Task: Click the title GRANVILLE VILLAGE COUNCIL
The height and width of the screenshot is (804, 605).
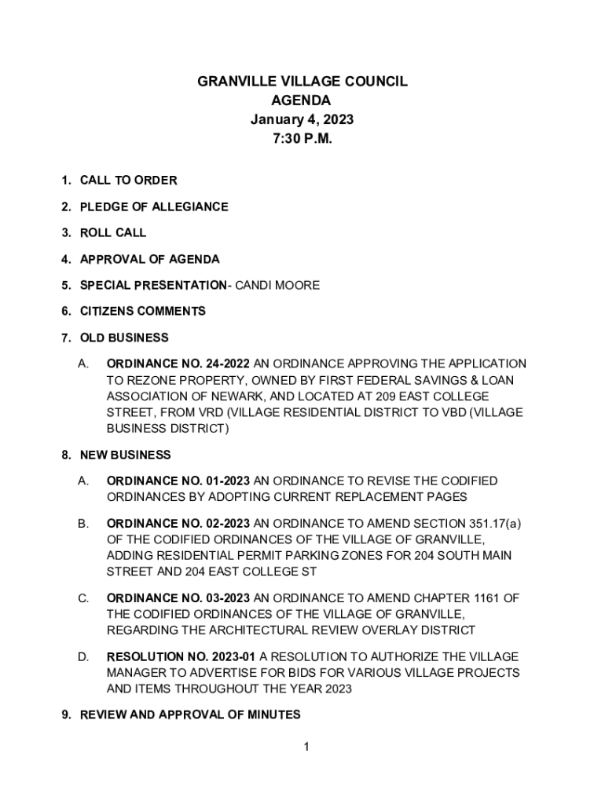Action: tap(302, 82)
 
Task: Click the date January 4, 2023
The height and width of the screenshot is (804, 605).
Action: tap(302, 120)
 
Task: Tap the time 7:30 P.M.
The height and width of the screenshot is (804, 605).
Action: tap(302, 139)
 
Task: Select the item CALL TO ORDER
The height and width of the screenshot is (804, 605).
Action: tap(128, 181)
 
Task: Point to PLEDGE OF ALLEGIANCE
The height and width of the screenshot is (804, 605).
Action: tap(154, 206)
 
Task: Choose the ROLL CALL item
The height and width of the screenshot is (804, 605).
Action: tap(113, 233)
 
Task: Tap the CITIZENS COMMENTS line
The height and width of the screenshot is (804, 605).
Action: tap(142, 312)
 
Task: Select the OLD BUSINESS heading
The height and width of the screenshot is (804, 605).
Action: tap(124, 338)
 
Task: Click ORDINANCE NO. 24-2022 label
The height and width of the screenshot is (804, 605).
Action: tap(178, 364)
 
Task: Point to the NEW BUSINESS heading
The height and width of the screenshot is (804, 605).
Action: tap(125, 455)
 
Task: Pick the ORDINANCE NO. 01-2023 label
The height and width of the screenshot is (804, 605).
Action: tap(178, 481)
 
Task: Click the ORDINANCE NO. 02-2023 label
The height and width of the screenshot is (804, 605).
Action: tap(178, 523)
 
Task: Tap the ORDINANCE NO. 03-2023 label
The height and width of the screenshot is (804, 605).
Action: tap(178, 598)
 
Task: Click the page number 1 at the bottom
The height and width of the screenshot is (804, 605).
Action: tap(306, 747)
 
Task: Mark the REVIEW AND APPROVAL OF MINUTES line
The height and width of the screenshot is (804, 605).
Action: tap(190, 714)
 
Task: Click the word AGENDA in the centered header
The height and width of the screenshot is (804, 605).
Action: tap(302, 100)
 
